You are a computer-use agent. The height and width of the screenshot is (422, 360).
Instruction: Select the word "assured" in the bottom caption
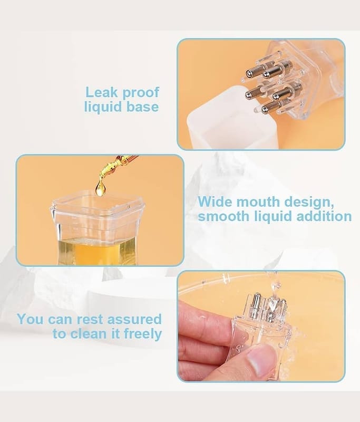point(134,319)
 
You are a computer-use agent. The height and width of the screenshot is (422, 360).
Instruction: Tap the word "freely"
point(142,335)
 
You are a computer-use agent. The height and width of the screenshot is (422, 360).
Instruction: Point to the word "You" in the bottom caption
point(30,319)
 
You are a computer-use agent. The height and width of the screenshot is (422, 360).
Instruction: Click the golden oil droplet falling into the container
point(100,188)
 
